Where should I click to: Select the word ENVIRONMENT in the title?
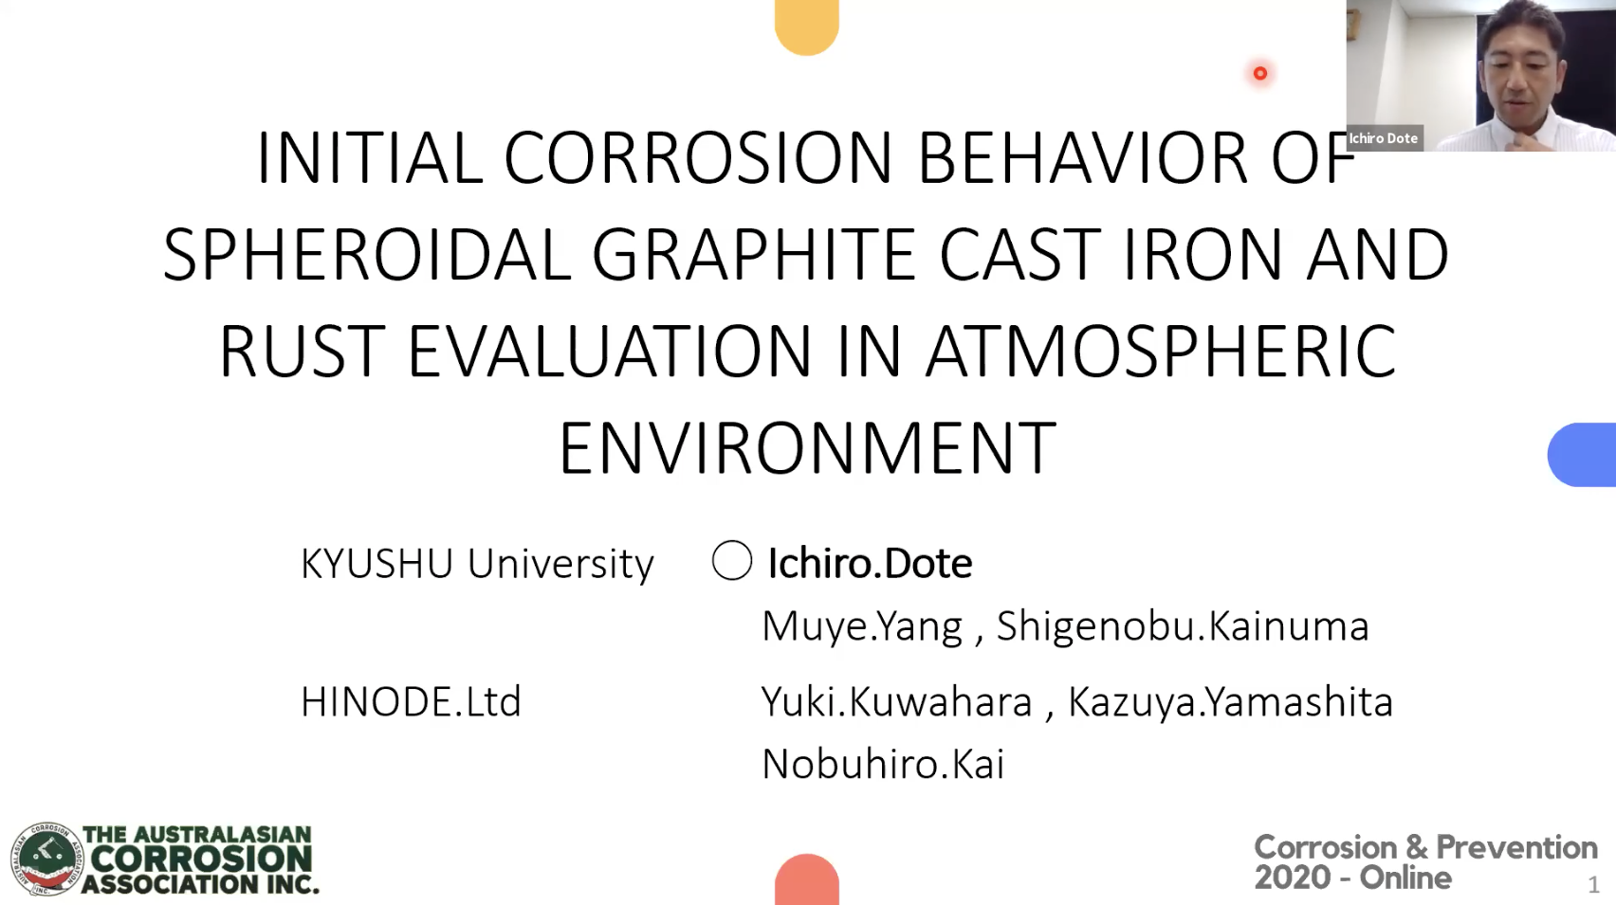pos(807,448)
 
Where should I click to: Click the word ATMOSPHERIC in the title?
pos(1160,352)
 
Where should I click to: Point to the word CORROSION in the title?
pos(697,157)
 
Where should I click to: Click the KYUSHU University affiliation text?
pos(477,564)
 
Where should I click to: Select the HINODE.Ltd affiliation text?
pos(411,702)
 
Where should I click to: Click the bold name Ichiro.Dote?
pos(870,563)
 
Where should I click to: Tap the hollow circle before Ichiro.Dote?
pos(732,560)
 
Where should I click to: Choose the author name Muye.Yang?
pos(861,626)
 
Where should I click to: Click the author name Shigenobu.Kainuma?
pos(1182,626)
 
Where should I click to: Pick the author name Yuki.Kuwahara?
pos(896,702)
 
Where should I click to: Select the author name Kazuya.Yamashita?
pos(1230,702)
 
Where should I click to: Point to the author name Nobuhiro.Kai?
pos(883,765)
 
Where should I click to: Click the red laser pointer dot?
pos(1260,73)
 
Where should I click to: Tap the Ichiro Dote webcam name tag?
pos(1384,138)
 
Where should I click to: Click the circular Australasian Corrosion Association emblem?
pos(46,859)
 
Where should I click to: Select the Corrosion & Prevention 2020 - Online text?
pos(1424,861)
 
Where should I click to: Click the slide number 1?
pos(1593,885)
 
